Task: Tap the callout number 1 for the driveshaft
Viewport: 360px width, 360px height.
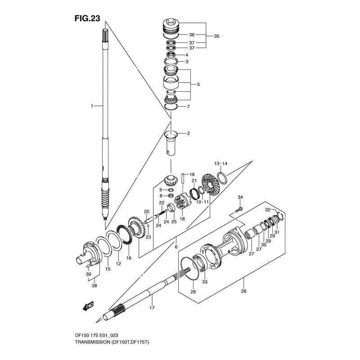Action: click(92, 106)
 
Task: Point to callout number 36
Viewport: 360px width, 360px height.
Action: click(191, 35)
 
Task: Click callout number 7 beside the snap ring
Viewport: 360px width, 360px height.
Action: click(189, 107)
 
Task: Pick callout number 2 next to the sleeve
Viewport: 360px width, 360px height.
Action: click(188, 133)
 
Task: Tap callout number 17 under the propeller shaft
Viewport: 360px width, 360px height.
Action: click(152, 308)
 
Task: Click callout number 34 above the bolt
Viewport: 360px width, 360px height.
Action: click(240, 197)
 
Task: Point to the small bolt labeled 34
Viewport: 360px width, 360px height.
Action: click(238, 209)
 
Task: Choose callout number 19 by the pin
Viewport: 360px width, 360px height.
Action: click(191, 174)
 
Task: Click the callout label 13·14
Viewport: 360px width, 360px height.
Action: click(221, 163)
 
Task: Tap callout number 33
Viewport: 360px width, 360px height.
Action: click(205, 282)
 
